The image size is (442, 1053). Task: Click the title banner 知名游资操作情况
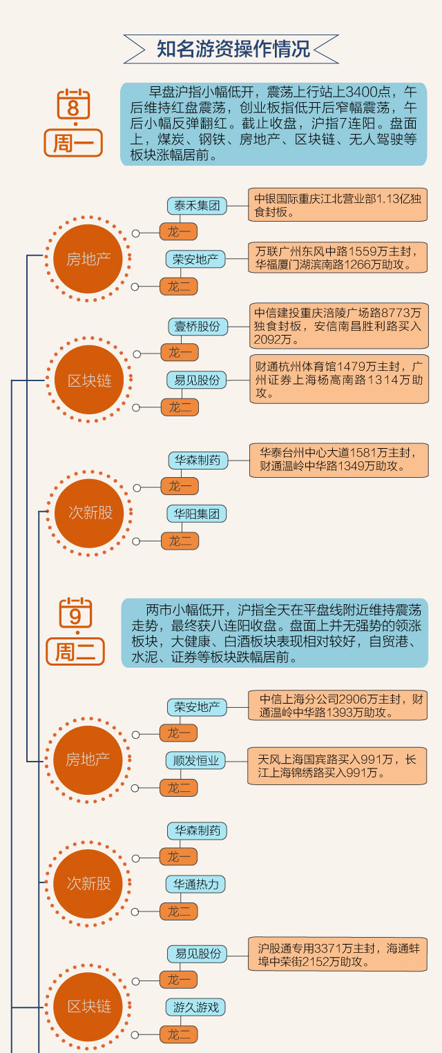click(233, 50)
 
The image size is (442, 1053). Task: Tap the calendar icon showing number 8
click(73, 106)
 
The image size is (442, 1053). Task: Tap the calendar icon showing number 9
click(75, 613)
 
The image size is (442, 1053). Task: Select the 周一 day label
click(73, 143)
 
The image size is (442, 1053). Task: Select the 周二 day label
click(75, 651)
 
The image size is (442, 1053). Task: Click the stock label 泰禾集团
click(196, 206)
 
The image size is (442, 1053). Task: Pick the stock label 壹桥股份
click(197, 326)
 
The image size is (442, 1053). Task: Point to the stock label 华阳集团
click(197, 514)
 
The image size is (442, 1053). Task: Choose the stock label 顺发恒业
click(197, 761)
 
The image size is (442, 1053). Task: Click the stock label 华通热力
click(197, 885)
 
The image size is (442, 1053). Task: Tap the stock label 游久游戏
click(196, 1007)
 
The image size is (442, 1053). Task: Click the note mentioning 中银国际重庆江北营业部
click(338, 204)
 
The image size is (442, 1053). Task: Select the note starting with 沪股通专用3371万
click(338, 954)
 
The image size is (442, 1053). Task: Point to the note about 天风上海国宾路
click(338, 766)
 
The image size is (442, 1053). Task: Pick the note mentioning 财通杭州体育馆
click(338, 379)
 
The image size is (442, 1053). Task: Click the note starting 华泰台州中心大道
click(338, 460)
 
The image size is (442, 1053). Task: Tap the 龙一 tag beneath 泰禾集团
click(179, 231)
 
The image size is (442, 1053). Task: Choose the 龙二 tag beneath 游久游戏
click(179, 1034)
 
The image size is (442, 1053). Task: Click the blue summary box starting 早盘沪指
click(274, 124)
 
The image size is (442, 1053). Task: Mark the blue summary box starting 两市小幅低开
click(274, 633)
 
